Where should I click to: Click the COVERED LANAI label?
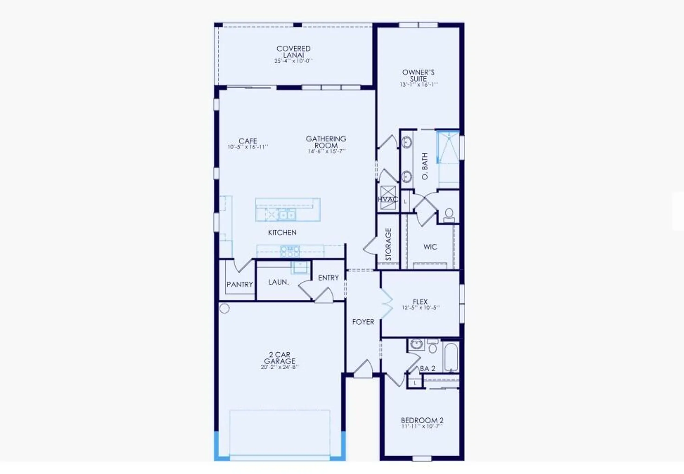(x=293, y=52)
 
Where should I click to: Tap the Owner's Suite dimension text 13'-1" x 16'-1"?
(x=419, y=84)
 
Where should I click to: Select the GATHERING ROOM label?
(x=326, y=142)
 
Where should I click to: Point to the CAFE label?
(x=248, y=141)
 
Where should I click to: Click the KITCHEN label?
(x=282, y=232)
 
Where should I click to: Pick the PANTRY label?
(x=240, y=284)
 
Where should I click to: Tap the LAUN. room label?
(x=278, y=282)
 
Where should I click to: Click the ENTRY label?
(x=328, y=278)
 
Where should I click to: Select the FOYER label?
(x=363, y=322)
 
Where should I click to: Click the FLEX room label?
(x=420, y=301)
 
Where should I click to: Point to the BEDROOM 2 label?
(x=422, y=420)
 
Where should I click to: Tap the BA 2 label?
(x=428, y=368)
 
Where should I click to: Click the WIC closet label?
(x=430, y=247)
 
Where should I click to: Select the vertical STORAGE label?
(x=388, y=244)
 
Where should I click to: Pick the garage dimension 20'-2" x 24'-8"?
(x=279, y=367)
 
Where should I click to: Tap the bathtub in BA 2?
(x=450, y=357)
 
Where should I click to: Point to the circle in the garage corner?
(x=224, y=309)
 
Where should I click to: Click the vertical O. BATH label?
(x=425, y=166)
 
